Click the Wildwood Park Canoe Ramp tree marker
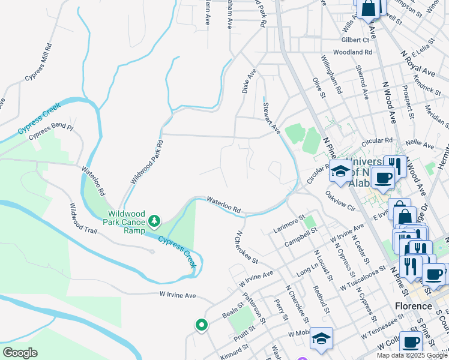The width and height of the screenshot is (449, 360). [x=155, y=221]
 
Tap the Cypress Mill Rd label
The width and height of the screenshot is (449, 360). [x=39, y=62]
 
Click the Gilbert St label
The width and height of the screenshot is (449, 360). [x=355, y=40]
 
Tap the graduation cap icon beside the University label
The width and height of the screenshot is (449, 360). [x=340, y=172]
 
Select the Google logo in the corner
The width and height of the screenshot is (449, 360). [x=20, y=353]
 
